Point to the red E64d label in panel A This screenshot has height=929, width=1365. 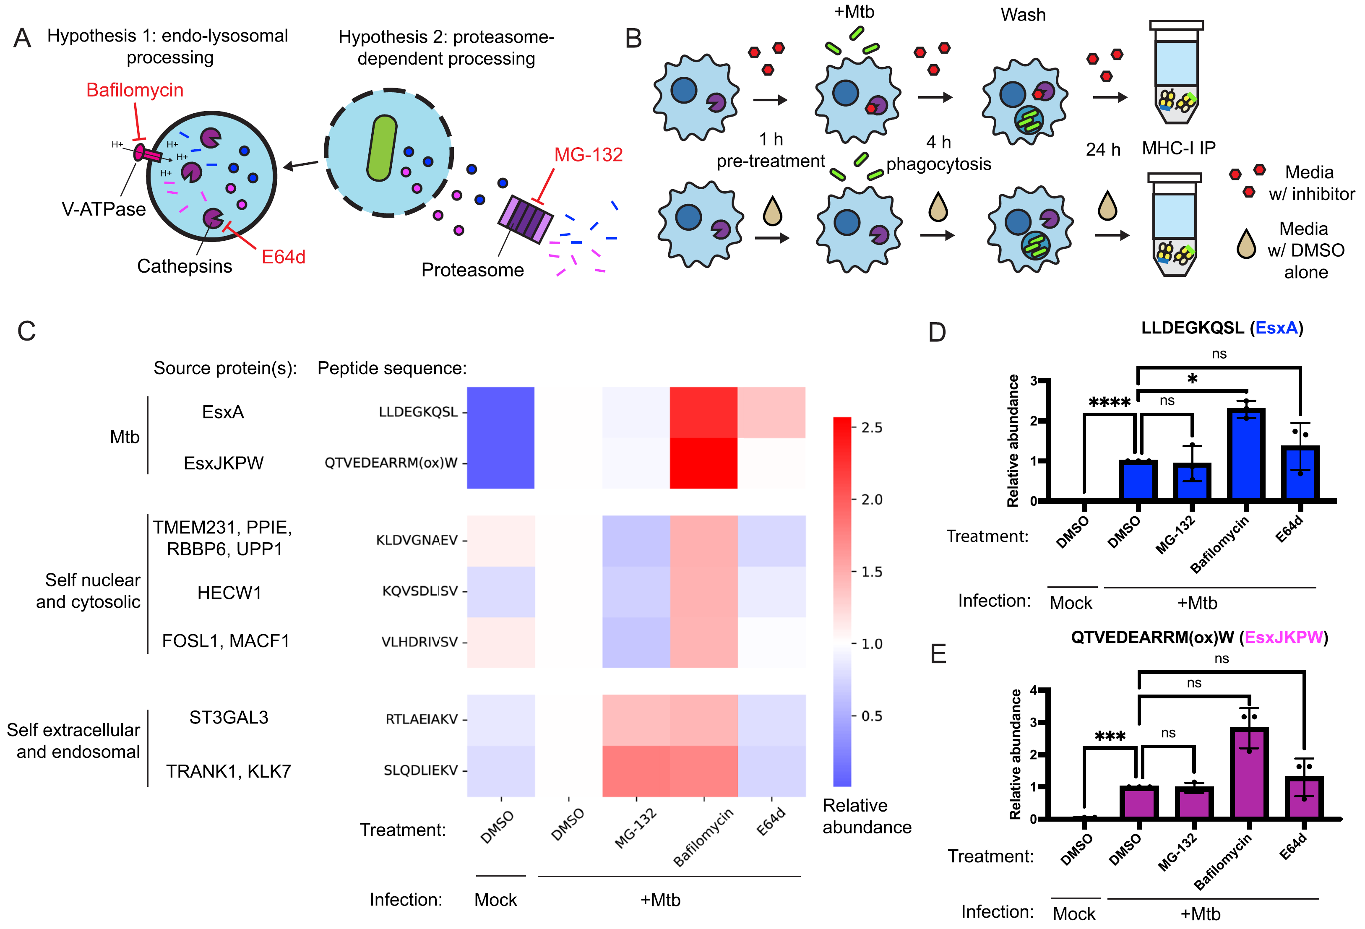[283, 257]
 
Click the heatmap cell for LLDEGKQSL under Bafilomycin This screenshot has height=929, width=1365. [703, 412]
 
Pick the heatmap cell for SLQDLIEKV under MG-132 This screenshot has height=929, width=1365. [636, 770]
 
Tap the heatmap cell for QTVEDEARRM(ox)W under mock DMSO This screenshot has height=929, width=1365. [500, 463]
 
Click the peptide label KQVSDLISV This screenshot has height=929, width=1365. [419, 591]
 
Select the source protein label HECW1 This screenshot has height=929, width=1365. [229, 593]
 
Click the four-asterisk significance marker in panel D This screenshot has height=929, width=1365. [1109, 403]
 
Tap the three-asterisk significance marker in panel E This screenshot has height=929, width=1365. [1110, 736]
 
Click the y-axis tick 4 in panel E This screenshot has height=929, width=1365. [1033, 691]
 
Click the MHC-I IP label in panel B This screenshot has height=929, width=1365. [1178, 148]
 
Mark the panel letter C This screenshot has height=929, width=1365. [26, 331]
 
